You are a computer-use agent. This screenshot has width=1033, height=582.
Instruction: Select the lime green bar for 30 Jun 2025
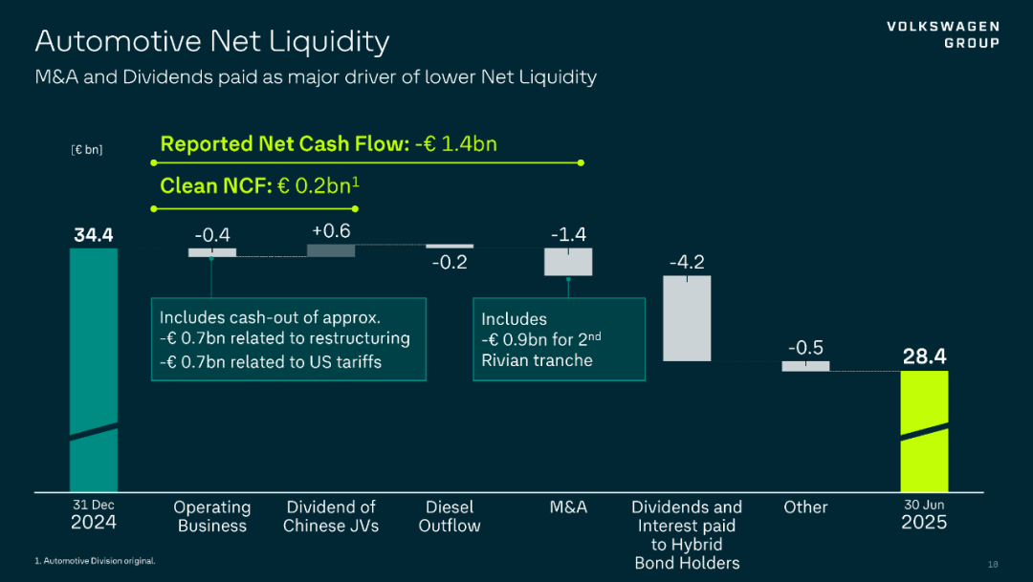(924, 430)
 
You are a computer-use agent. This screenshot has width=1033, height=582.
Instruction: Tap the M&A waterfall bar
(568, 262)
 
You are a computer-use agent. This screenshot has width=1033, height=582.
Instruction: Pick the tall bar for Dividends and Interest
(687, 318)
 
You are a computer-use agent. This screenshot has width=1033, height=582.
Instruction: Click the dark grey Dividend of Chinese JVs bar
(331, 250)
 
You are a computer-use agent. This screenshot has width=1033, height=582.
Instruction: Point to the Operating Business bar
(212, 252)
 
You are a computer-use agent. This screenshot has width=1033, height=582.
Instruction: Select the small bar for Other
(805, 366)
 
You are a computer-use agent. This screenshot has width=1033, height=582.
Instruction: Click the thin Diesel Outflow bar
(450, 246)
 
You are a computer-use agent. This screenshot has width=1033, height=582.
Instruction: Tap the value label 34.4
(94, 234)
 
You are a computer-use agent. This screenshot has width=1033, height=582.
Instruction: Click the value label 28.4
(924, 356)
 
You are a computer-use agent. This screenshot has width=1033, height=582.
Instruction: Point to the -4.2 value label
(687, 262)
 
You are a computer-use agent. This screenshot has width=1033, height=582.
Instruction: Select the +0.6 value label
(331, 230)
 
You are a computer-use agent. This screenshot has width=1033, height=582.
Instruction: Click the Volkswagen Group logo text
(943, 34)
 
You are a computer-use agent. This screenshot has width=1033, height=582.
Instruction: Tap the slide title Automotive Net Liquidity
(212, 42)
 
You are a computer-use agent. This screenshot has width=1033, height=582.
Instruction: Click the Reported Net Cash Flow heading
(328, 144)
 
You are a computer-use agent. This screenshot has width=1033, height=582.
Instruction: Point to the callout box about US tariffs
(288, 339)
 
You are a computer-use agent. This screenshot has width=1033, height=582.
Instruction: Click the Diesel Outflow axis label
(450, 516)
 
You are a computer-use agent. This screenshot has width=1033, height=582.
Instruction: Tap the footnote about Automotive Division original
(95, 560)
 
